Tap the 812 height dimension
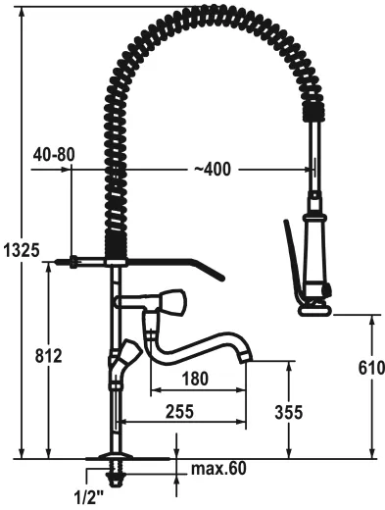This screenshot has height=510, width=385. point(48,354)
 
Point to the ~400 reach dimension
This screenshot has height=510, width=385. point(213,170)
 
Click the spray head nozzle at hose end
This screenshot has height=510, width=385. point(314,307)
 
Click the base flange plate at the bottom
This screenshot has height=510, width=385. point(116,459)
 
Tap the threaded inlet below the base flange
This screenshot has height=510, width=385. point(117,478)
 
